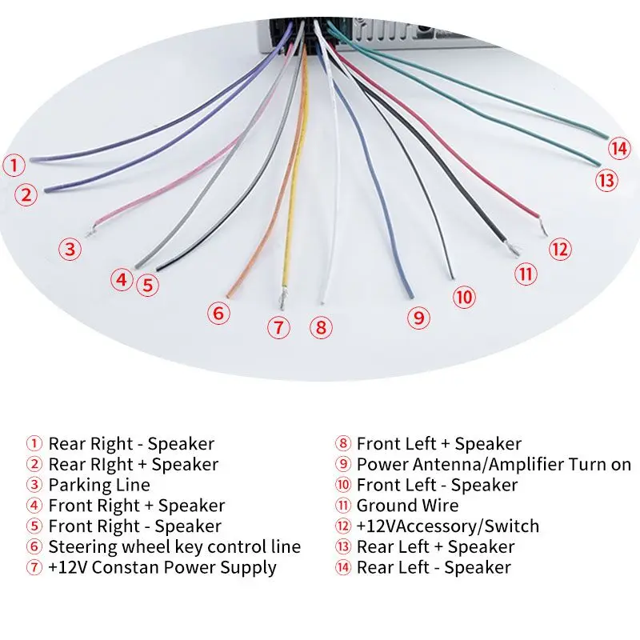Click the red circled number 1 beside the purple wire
13,166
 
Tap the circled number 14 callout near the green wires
618,148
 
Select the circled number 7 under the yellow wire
278,327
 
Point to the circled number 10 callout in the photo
463,298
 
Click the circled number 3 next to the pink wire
70,249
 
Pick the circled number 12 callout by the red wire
560,249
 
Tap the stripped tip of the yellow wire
282,302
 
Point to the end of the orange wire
229,294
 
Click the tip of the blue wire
411,293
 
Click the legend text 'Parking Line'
98,485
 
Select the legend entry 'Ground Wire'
407,506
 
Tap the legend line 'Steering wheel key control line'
174,547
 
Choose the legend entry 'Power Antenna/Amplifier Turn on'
494,464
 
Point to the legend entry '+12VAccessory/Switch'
447,526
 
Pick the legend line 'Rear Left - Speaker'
433,568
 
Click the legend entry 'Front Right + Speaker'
136,506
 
